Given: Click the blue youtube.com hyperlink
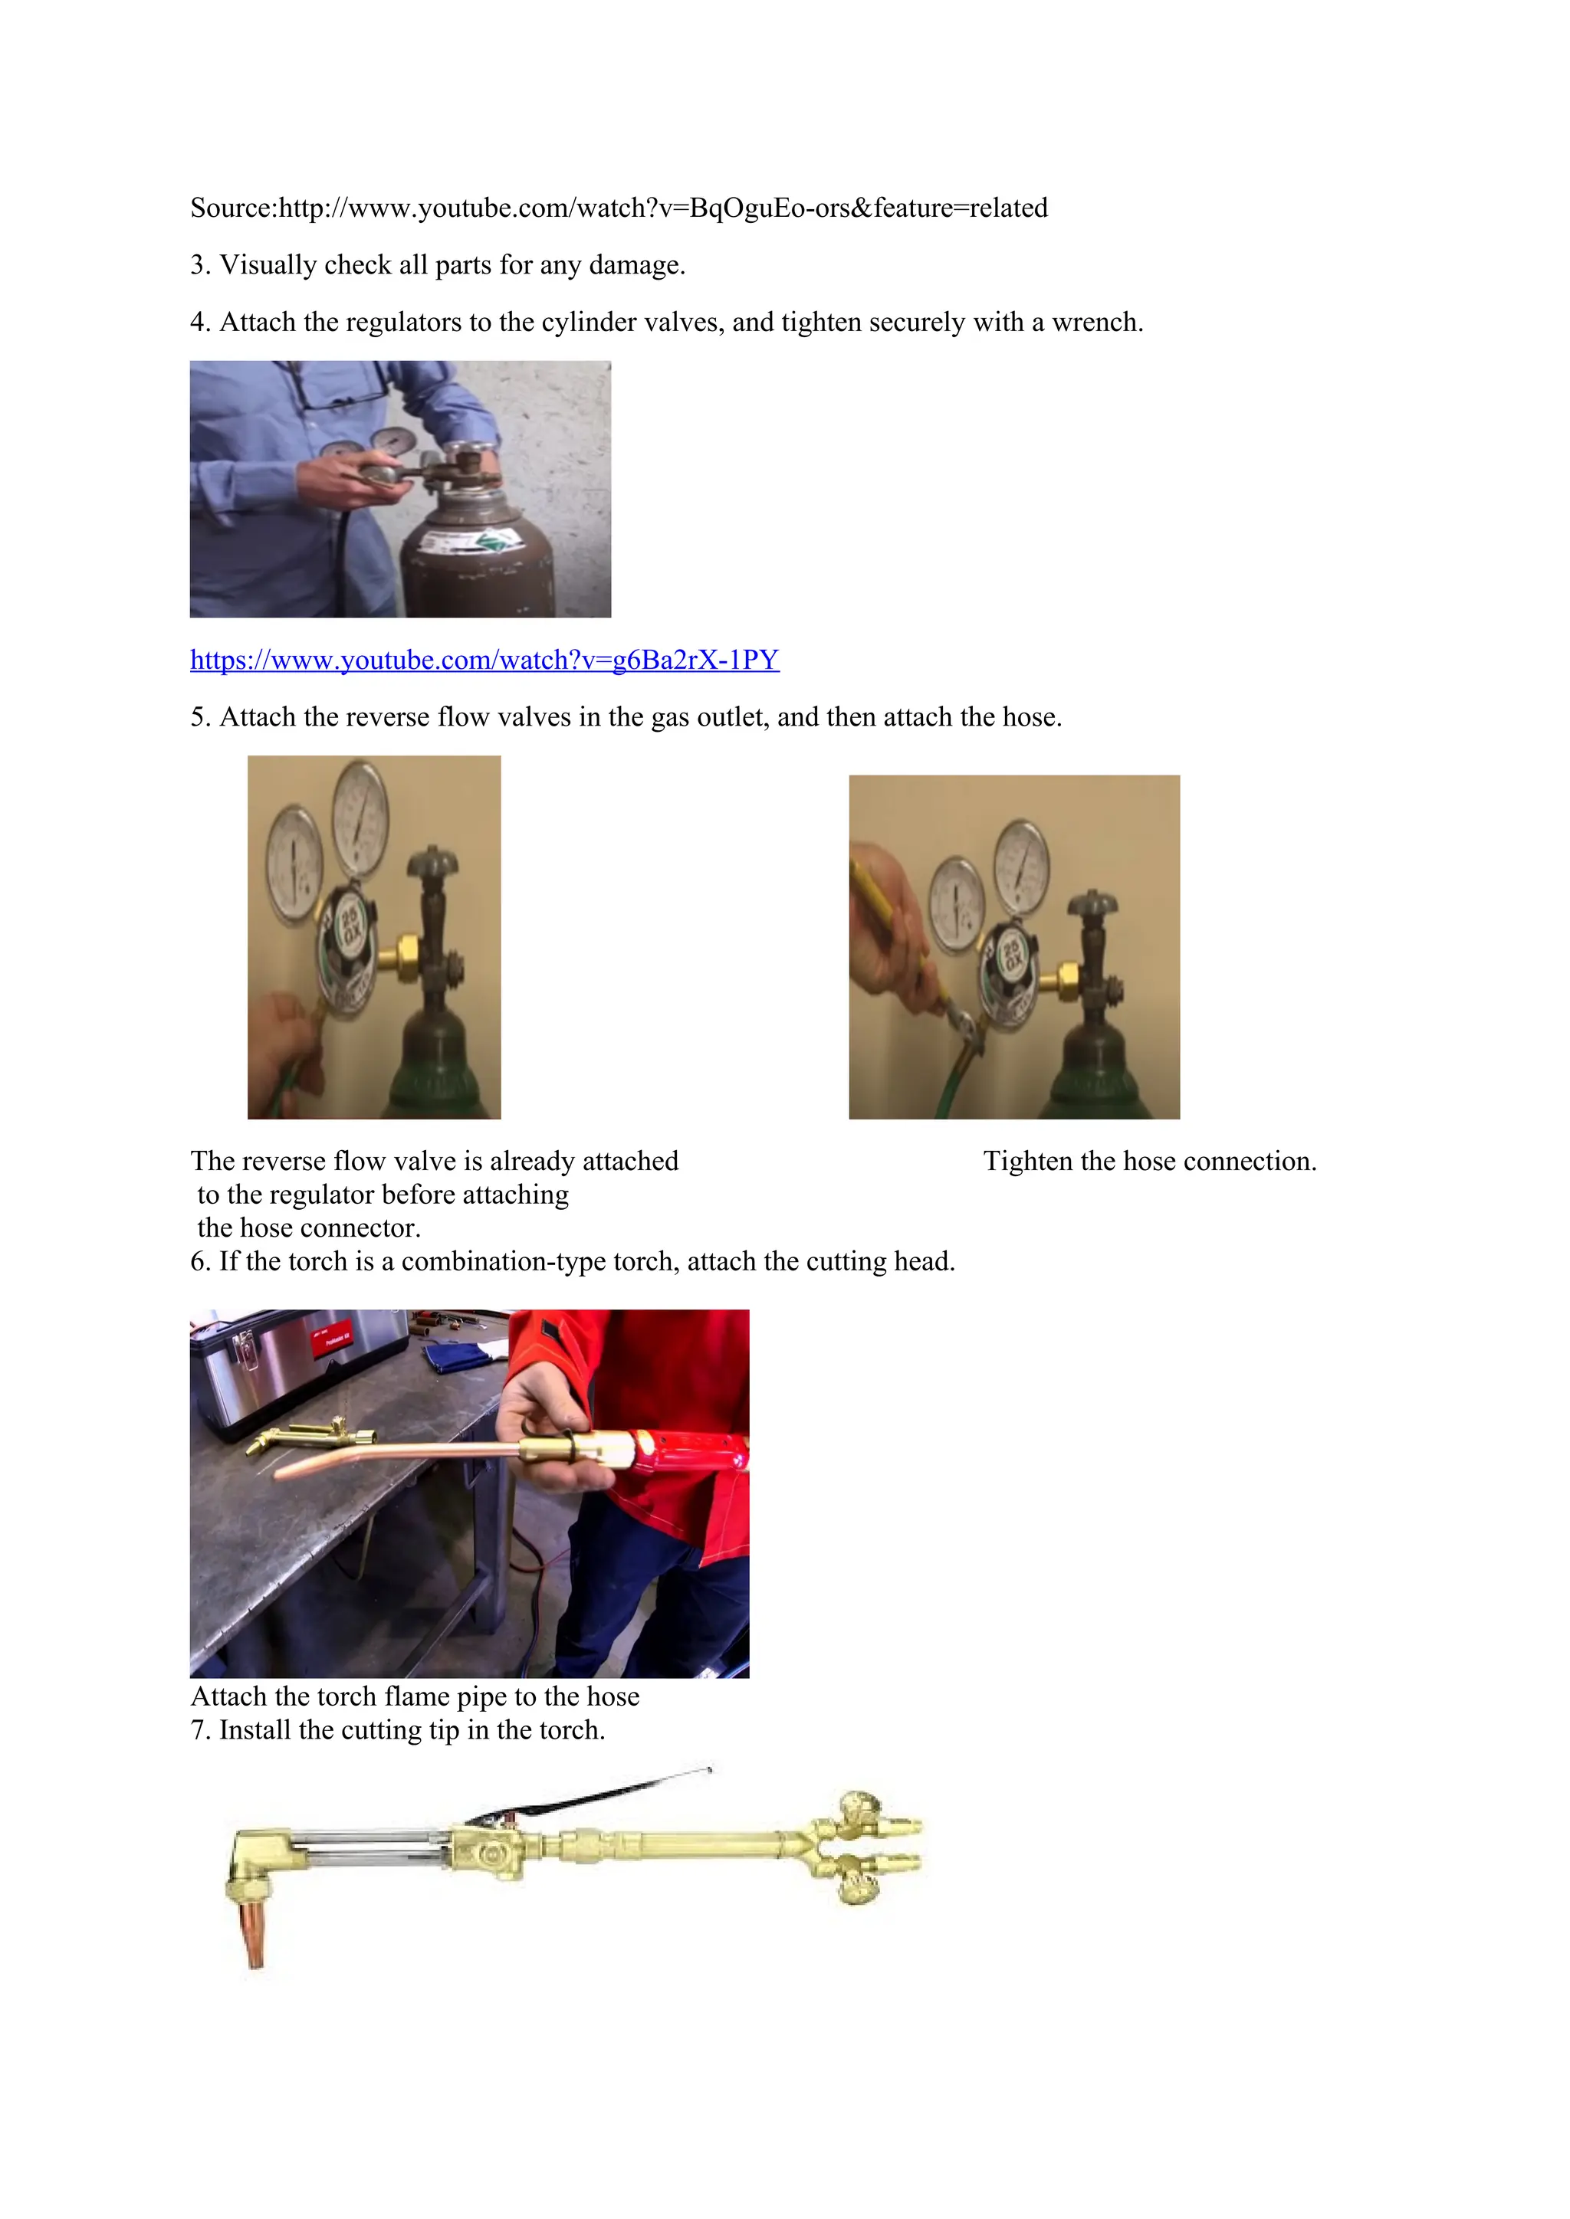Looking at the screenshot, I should point(484,660).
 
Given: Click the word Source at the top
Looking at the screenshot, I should point(232,208).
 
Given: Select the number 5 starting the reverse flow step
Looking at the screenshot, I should point(199,717).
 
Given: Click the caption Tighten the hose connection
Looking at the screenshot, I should point(1149,1161).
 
